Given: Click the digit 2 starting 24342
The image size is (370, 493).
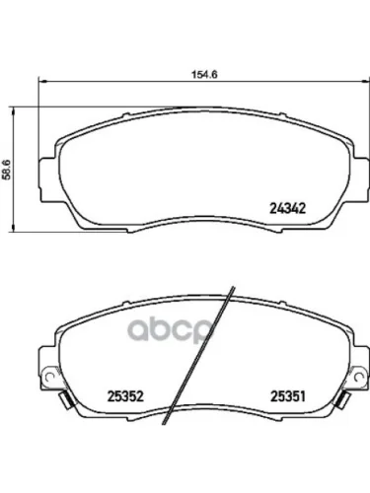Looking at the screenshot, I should pyautogui.click(x=273, y=207).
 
